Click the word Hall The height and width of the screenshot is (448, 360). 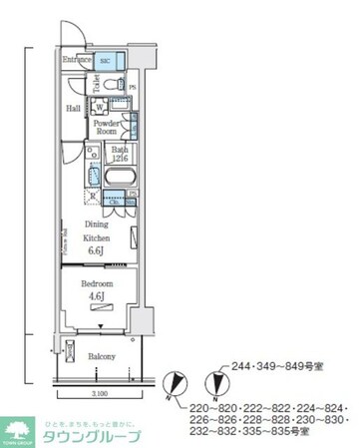[74, 109]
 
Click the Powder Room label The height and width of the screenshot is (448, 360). [107, 127]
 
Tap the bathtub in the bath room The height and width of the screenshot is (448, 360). [117, 178]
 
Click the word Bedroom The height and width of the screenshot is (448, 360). [96, 283]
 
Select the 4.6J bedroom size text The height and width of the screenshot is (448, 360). [96, 296]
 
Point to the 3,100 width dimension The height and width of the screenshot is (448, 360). [91, 394]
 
